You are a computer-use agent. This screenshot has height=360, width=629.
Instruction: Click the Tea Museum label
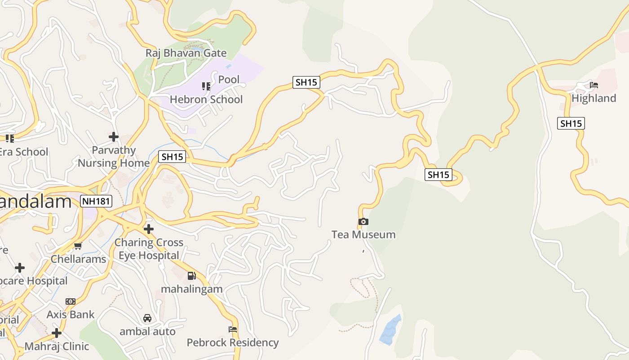click(363, 234)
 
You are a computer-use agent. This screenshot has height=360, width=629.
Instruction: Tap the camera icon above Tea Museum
click(363, 221)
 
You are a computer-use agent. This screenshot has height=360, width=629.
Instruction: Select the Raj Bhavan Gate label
click(186, 53)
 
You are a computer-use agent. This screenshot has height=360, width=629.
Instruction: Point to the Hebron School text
click(206, 99)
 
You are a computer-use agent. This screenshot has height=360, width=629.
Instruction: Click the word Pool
click(229, 80)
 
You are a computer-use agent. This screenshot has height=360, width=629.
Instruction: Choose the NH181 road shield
click(96, 201)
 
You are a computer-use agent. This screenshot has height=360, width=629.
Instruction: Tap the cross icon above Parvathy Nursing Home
click(114, 136)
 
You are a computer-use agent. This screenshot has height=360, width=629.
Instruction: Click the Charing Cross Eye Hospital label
click(149, 249)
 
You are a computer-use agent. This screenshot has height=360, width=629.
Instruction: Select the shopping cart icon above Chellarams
click(78, 246)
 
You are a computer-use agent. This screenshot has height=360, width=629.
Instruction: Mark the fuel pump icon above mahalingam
click(192, 276)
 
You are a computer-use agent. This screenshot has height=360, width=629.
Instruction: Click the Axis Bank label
click(71, 315)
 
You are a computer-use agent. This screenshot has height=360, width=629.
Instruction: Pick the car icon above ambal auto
click(147, 318)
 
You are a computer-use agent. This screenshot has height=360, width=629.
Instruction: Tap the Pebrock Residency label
click(233, 342)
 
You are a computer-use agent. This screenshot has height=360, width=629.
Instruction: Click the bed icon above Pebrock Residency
click(233, 329)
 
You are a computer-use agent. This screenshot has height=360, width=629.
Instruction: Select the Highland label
click(594, 98)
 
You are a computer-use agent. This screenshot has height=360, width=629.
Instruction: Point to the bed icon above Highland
click(594, 85)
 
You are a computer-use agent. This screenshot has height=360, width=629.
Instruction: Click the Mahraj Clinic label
click(57, 346)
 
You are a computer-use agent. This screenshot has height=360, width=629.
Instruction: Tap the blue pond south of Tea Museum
click(390, 330)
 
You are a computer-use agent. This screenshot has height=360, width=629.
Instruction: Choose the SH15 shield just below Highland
click(571, 123)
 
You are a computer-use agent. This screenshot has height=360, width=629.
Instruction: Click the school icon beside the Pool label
click(206, 86)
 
